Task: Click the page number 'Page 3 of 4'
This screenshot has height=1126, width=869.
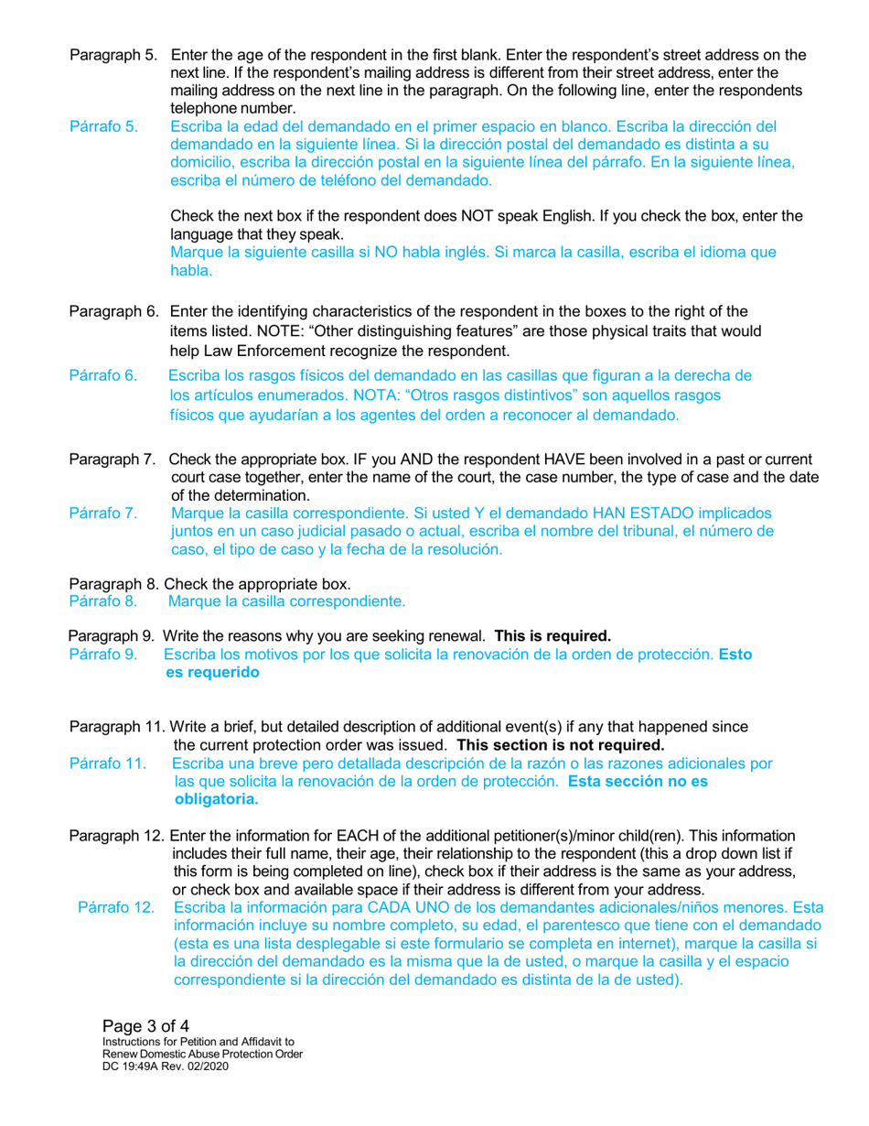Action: coord(145,1024)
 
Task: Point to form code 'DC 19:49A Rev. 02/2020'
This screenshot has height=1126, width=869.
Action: coord(166,1067)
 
